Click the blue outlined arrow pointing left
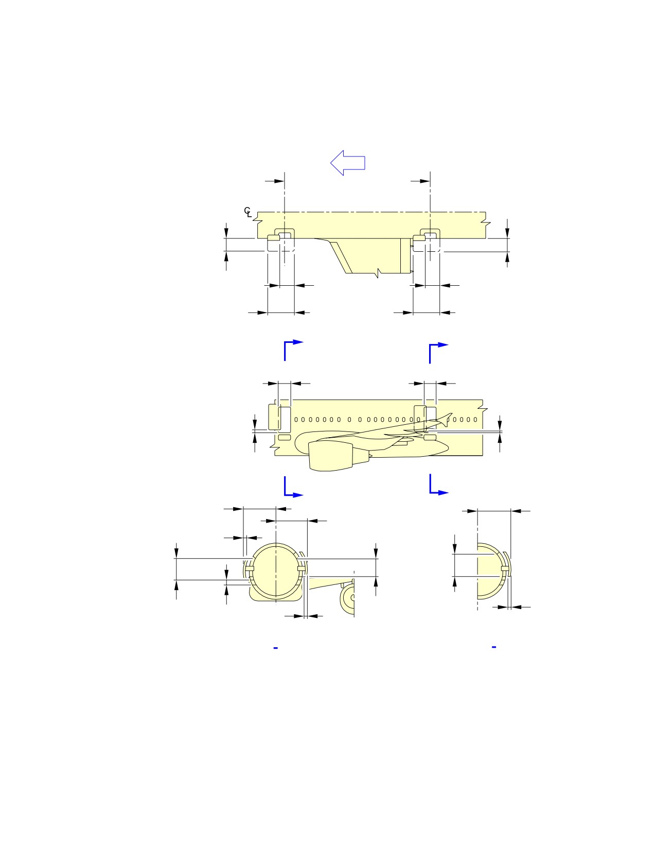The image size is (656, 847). pos(347,163)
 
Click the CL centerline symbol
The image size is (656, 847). pos(247,212)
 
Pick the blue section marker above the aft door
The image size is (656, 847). pos(438,353)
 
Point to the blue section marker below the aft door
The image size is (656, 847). pos(438,484)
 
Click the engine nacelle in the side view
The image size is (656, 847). pos(331,456)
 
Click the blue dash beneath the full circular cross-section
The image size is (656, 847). pos(275,648)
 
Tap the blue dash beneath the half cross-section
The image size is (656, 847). pos(493,647)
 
